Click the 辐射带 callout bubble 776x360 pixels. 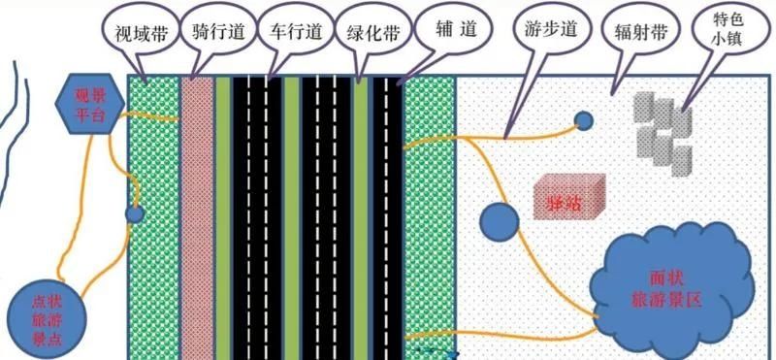(641, 31)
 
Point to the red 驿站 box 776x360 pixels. (568, 195)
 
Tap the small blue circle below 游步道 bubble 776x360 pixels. (583, 121)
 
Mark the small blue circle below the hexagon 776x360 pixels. (135, 213)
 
